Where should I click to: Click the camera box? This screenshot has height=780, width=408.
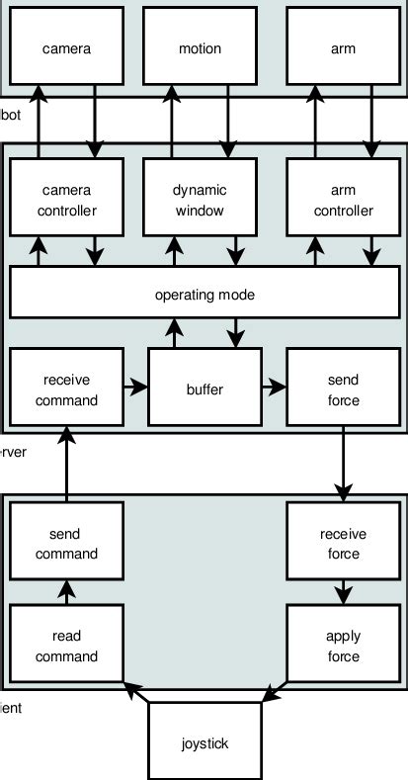66,46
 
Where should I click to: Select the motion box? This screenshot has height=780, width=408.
201,46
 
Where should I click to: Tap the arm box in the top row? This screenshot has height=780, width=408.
344,46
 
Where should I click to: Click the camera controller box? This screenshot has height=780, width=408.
66,201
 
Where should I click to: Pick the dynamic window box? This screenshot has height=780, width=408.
201,201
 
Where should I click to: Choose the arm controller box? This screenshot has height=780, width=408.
344,201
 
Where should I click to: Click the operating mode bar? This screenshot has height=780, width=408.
204,294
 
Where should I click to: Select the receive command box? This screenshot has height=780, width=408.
66,390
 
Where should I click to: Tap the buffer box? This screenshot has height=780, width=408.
204,390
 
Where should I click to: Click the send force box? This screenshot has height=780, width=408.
344,390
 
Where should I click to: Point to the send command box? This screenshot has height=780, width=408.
66,543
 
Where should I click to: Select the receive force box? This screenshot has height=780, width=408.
344,543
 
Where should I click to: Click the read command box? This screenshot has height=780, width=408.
66,647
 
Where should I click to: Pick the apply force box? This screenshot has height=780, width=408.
344,647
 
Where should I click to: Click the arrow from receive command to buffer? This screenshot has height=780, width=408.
136,390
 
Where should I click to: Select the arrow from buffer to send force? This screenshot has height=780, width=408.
274,390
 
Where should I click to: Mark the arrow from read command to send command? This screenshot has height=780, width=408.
66,593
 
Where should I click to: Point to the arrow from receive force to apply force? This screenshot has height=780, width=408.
344,593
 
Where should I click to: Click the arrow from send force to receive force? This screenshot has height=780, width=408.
344,465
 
